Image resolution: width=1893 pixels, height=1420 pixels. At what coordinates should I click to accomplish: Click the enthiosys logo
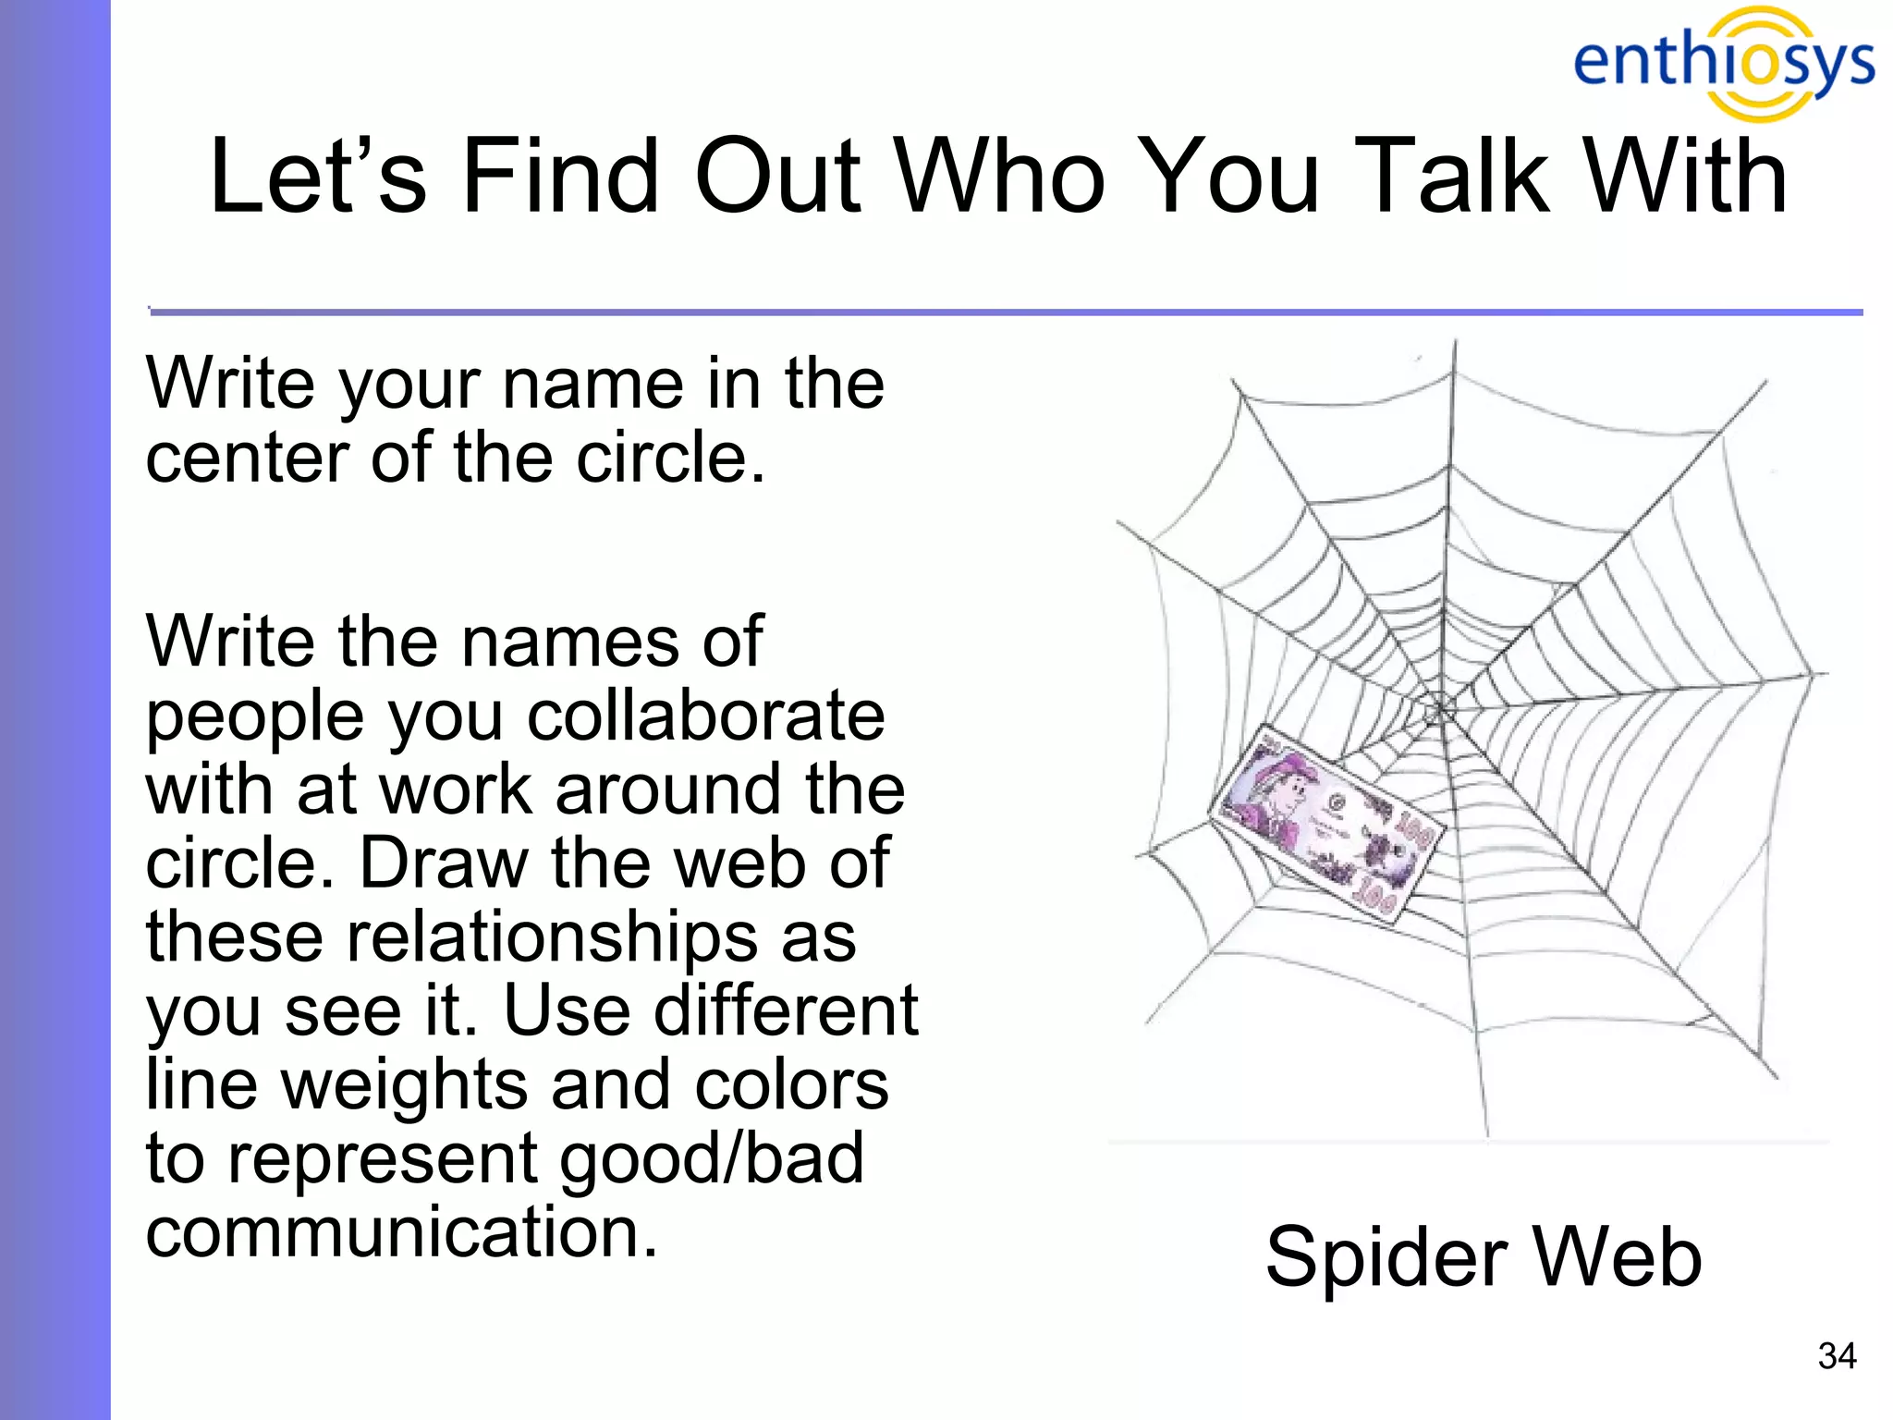click(x=1724, y=63)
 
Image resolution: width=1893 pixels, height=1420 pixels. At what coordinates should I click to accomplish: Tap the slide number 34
click(x=1836, y=1355)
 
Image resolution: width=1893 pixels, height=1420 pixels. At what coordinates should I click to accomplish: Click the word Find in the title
click(x=560, y=176)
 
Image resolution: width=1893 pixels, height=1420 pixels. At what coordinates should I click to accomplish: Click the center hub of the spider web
click(x=1439, y=710)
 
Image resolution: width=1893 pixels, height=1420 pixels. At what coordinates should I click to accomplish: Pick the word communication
click(x=401, y=1231)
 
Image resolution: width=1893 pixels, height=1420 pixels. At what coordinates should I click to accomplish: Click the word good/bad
click(x=711, y=1159)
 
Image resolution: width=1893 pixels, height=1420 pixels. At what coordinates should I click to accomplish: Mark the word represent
click(x=385, y=1159)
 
